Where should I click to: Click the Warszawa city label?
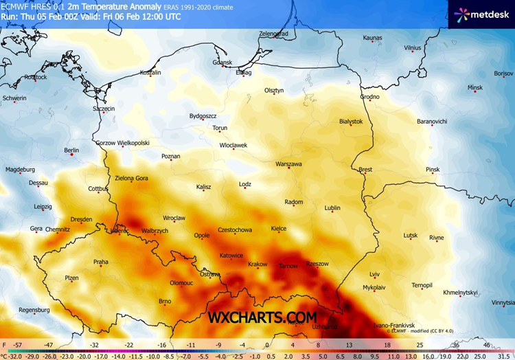pos(288,165)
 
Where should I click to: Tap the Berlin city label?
pos(71,150)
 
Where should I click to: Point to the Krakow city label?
pos(257,265)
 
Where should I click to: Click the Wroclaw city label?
pos(174,218)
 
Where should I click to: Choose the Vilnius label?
pos(413,48)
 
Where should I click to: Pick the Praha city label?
pos(101,262)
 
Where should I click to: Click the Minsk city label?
pos(475,88)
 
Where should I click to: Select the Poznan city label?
pos(170,157)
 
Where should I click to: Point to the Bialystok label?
pos(351,122)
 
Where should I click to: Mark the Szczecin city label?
pos(104,109)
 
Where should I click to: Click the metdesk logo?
pos(479,13)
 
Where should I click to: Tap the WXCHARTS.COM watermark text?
pos(263,317)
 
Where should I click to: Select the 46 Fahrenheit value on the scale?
pos(487,344)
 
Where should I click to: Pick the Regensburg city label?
pos(35,310)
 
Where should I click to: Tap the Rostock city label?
pos(35,77)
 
